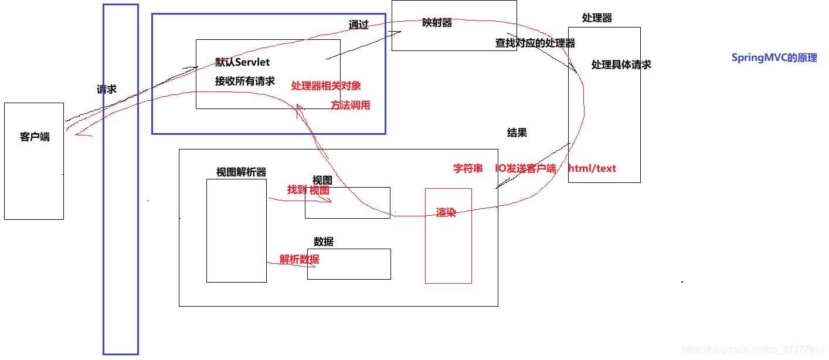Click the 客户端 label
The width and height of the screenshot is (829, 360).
(x=35, y=137)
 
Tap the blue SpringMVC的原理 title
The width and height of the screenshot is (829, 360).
(x=774, y=58)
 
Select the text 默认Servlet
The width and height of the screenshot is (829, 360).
(x=242, y=62)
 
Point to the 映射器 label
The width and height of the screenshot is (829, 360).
(x=437, y=23)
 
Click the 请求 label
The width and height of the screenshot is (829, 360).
(x=107, y=89)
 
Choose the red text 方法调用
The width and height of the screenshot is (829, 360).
(x=350, y=106)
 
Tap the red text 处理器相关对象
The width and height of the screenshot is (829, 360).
(x=326, y=86)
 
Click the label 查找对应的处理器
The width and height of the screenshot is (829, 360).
(x=535, y=43)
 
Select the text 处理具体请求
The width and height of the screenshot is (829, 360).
(x=621, y=64)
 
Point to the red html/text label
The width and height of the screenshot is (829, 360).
(x=592, y=168)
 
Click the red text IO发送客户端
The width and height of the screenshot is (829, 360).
(x=525, y=168)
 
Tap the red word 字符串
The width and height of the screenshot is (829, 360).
(x=468, y=168)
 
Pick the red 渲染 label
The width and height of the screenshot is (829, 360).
(x=446, y=212)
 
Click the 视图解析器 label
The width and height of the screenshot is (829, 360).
(x=241, y=172)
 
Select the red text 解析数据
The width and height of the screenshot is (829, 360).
(x=299, y=259)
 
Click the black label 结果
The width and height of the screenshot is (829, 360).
(x=517, y=133)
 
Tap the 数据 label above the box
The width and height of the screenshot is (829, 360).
(x=323, y=242)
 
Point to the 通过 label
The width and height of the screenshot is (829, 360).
(x=358, y=25)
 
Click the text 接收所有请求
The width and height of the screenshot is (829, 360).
(x=244, y=81)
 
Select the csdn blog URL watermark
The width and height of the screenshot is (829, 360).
(x=753, y=349)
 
